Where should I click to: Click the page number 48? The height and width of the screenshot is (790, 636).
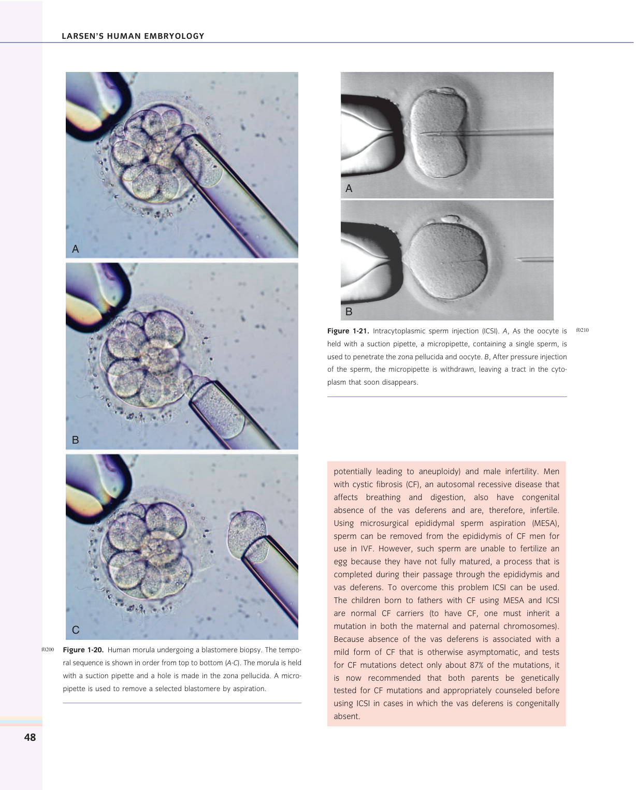tap(30, 737)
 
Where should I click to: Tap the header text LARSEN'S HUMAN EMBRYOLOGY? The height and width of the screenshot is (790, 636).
tap(133, 36)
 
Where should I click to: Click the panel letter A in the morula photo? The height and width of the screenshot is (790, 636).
tap(76, 249)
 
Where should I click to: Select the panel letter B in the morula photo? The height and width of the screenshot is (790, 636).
tap(76, 440)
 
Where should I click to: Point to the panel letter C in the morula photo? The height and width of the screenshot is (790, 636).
tap(76, 630)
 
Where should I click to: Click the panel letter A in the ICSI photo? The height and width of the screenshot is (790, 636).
tap(349, 188)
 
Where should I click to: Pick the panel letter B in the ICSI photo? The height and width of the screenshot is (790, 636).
tap(349, 312)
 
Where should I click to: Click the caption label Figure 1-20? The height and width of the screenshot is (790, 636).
tap(83, 650)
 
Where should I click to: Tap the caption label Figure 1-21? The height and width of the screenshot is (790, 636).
tap(348, 331)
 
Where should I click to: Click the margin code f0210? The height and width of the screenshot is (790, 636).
tap(582, 330)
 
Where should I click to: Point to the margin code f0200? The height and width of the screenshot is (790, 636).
tap(48, 649)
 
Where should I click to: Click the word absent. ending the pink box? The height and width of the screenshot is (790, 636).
tap(346, 716)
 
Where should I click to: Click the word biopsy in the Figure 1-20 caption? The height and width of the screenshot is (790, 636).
tap(249, 650)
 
